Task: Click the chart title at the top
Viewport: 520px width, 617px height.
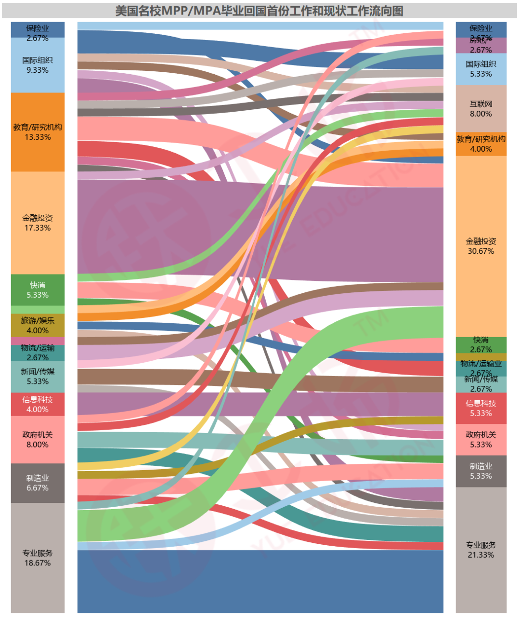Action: coord(259,11)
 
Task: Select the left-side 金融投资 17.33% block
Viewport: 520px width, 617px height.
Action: coord(38,223)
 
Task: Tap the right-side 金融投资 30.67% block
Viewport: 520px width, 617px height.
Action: coord(481,246)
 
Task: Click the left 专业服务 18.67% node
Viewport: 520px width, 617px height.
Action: coord(38,558)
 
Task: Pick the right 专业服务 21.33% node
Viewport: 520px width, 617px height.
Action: coord(481,550)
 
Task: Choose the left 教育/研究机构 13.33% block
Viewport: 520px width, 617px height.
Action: coord(38,131)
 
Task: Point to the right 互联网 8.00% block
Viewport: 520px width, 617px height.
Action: coord(481,108)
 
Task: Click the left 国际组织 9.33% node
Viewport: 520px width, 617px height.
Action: coord(38,65)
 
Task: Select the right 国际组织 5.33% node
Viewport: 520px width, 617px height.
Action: coord(481,69)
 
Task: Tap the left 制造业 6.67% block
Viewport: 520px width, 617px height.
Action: coord(38,483)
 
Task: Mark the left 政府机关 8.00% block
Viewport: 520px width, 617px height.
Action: coord(38,439)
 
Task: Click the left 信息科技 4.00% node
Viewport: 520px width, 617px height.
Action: coord(38,404)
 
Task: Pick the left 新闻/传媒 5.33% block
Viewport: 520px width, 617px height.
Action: coord(38,376)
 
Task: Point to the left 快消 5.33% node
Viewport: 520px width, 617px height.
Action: coord(38,289)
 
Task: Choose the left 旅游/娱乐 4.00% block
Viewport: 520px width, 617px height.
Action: coord(38,325)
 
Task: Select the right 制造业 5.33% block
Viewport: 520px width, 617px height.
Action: coord(481,471)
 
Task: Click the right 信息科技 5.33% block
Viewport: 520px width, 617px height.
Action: coord(481,408)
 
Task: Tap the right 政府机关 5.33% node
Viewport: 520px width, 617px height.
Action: coord(481,439)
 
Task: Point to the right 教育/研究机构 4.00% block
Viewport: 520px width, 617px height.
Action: coord(481,144)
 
